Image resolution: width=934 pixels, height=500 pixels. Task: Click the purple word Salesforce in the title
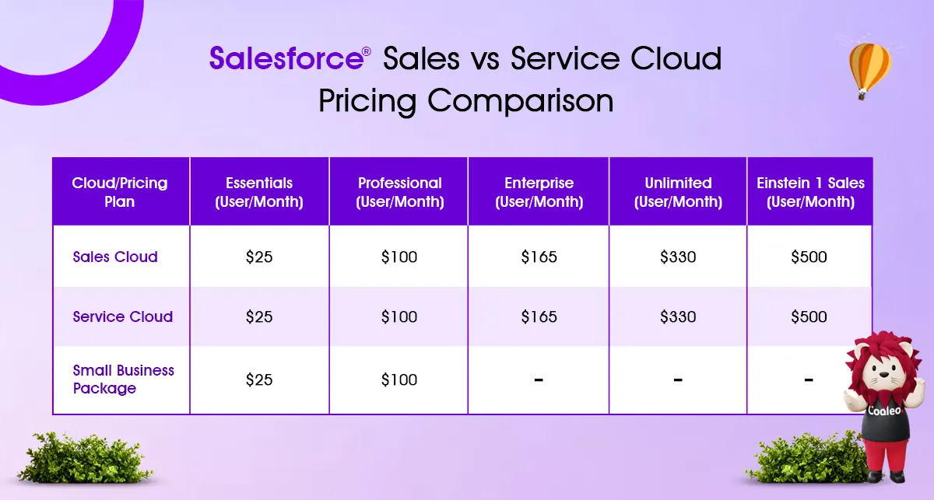pos(286,58)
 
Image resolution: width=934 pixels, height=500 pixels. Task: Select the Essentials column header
pos(259,192)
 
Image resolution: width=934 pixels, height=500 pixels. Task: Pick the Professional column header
pos(400,192)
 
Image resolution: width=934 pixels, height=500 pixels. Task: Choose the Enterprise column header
pos(539,192)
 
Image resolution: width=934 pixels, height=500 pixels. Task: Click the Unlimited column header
pos(678,192)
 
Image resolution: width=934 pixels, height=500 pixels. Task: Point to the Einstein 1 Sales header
pos(810,192)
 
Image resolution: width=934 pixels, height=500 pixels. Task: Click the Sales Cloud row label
pos(115,257)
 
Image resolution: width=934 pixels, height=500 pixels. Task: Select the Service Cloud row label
pos(123,316)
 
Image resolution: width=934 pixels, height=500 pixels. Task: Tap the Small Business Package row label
pos(123,379)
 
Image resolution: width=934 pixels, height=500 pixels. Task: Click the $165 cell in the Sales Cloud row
pos(539,257)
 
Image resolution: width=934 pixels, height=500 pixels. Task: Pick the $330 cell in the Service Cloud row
pos(678,316)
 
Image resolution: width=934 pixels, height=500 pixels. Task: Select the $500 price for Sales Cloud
pos(809,257)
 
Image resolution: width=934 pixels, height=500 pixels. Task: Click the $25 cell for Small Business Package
pos(259,379)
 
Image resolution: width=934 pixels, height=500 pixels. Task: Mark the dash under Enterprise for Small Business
pos(539,380)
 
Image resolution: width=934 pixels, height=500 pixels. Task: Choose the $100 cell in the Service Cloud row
pos(399,316)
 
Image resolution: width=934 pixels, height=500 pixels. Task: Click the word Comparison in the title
pos(521,101)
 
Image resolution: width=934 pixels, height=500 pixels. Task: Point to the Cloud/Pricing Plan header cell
pos(120,192)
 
